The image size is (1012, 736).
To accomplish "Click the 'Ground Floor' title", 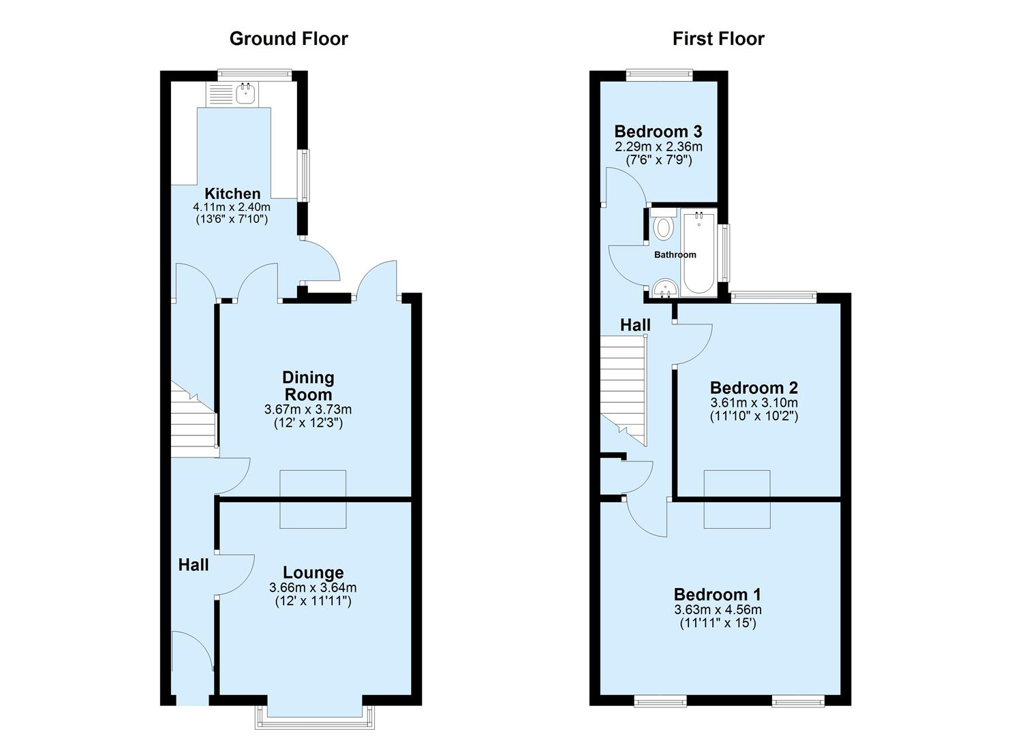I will [288, 39].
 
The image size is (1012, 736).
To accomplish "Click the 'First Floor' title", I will [718, 39].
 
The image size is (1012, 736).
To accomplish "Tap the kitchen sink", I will [245, 94].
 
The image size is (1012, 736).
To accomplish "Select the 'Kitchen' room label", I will [232, 194].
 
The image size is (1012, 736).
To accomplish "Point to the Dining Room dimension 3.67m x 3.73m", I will [308, 410].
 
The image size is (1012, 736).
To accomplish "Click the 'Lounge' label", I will [313, 572].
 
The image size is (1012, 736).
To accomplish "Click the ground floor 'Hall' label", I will [194, 564].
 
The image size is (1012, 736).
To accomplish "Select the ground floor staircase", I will [194, 423].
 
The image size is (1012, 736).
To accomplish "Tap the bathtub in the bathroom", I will [699, 254].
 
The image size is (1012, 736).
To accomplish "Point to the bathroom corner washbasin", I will [662, 290].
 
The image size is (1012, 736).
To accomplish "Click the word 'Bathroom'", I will [675, 255].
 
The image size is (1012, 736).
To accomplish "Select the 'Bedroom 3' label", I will [658, 131].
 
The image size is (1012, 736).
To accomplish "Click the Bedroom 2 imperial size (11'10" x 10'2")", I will [754, 416].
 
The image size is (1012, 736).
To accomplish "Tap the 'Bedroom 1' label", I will [718, 594].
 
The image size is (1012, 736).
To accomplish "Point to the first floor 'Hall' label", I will [634, 325].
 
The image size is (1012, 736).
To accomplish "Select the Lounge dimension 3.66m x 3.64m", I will [313, 587].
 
